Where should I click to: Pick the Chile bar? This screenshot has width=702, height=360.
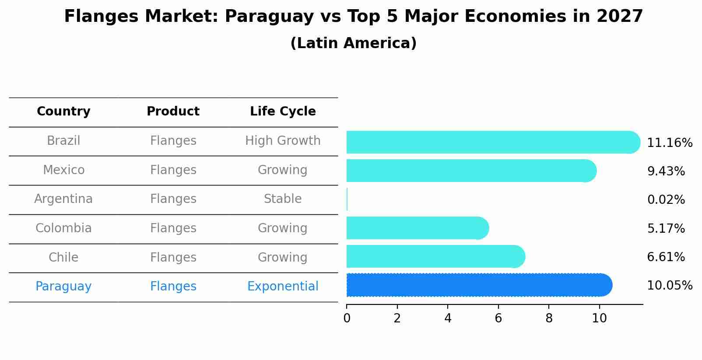435,256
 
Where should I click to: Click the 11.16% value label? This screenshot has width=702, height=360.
669,143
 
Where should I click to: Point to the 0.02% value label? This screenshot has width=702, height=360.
666,200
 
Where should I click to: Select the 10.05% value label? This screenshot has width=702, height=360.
669,286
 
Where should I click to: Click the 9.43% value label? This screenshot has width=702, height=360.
666,171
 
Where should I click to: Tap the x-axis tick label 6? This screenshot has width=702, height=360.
498,318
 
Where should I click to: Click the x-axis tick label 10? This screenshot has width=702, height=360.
599,318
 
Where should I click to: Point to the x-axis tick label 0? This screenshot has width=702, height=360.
347,318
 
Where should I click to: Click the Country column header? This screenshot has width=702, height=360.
63,112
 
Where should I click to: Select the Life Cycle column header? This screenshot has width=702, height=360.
283,112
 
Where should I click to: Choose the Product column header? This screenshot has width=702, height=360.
173,112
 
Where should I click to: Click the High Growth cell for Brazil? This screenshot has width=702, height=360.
283,141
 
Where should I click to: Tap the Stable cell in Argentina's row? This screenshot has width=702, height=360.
283,199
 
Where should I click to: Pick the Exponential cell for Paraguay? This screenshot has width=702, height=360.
283,287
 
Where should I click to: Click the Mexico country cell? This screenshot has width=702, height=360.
63,170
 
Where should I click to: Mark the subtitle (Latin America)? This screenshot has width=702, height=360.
353,43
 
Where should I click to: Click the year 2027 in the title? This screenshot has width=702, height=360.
619,17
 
